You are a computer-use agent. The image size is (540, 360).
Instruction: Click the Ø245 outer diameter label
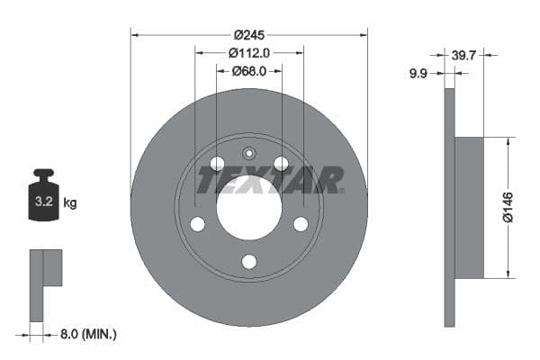pos(248,35)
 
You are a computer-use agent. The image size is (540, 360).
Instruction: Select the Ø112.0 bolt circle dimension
pos(248,53)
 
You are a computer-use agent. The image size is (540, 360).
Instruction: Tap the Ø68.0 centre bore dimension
pos(248,71)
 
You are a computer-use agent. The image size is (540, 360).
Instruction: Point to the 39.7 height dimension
pos(464,56)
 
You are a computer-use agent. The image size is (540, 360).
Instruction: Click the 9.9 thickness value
pos(418,74)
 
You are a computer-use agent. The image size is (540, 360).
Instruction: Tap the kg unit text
pos(69,203)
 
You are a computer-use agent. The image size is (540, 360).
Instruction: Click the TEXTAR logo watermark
pos(269,181)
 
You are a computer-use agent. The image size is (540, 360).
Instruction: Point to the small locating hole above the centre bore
pos(249,152)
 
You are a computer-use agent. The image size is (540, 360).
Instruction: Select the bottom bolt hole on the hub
pos(249,262)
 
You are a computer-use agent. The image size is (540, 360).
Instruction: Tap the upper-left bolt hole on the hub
pos(217,163)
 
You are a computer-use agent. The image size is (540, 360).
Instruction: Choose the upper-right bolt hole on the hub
pos(281,163)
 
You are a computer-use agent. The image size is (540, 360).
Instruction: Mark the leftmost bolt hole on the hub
pos(197,224)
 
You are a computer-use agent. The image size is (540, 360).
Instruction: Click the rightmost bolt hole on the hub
pos(301,224)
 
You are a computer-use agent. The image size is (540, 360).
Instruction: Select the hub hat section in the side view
pos(469,207)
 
